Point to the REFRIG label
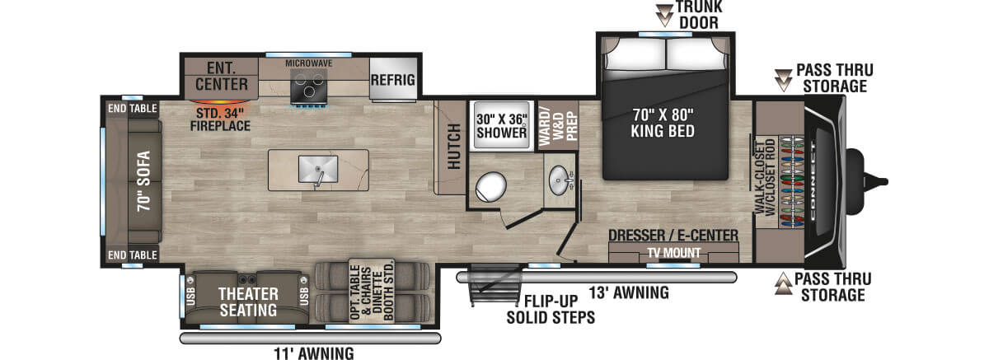(x=392, y=81)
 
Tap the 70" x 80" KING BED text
(x=663, y=122)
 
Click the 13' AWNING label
(x=628, y=292)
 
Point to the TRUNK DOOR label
(x=700, y=15)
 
